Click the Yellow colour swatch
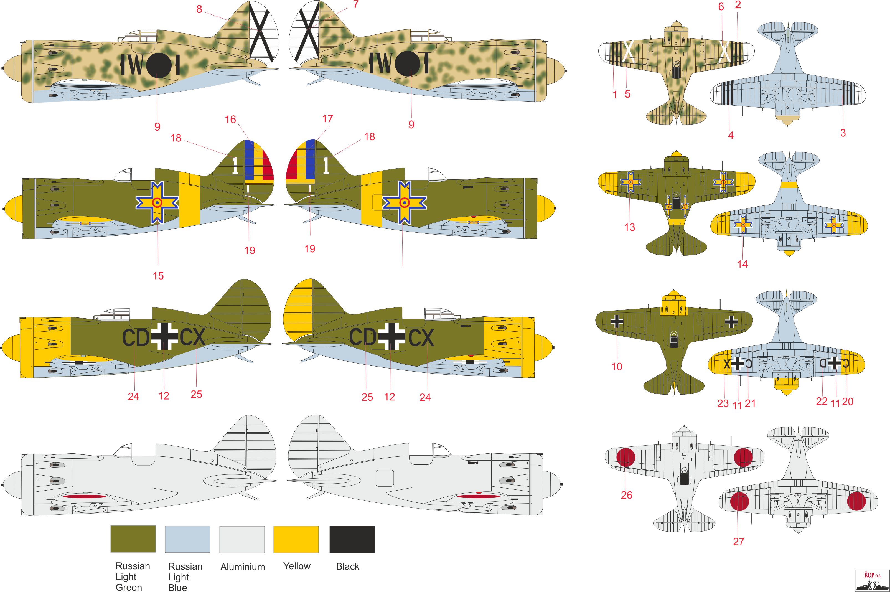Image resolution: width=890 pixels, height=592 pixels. click(296, 539)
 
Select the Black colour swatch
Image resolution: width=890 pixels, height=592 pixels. click(352, 539)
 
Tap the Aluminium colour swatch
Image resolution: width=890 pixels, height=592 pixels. click(242, 539)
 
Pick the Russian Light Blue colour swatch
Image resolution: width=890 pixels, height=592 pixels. click(188, 539)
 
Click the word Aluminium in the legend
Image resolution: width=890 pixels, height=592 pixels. click(242, 567)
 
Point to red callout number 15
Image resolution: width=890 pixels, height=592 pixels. click(158, 276)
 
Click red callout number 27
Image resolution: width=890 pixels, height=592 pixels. click(738, 542)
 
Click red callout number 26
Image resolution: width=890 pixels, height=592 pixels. click(627, 495)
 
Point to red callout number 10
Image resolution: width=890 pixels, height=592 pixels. click(617, 366)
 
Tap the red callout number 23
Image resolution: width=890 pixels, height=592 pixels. click(723, 403)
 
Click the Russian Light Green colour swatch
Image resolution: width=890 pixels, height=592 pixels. click(133, 539)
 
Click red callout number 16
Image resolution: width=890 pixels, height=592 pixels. click(230, 120)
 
